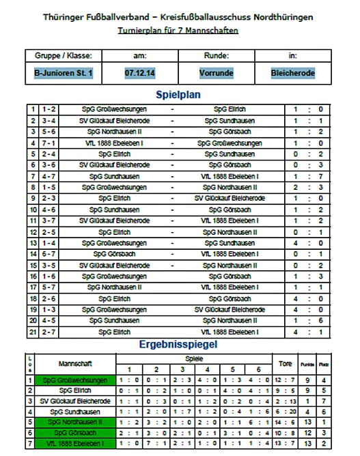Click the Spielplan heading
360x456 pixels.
tap(179, 95)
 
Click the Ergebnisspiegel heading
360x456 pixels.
tap(179, 345)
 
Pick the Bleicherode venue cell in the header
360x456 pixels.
tap(292, 71)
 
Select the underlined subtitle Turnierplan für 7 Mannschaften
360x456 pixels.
tap(179, 31)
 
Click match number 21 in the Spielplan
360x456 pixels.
tap(32, 332)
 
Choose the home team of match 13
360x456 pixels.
tap(113, 242)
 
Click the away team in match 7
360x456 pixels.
tap(230, 176)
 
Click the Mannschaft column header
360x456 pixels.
tap(75, 364)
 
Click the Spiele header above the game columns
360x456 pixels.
tap(194, 358)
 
